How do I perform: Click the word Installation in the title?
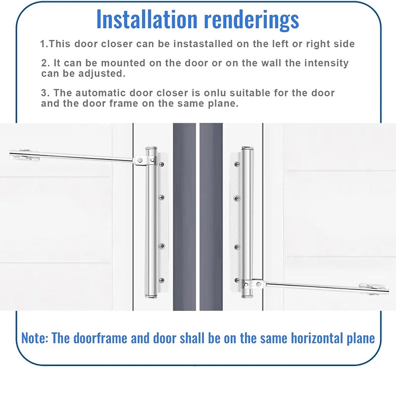(147, 19)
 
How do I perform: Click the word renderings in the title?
(251, 20)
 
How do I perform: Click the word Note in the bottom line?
(35, 338)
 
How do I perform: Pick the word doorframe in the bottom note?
(100, 338)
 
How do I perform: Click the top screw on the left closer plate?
(162, 164)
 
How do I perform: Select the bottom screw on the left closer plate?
(162, 280)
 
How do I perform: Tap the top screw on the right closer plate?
(237, 164)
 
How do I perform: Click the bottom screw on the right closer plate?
(237, 280)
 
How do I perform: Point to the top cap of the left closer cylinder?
(151, 148)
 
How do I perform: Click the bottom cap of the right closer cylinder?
(247, 295)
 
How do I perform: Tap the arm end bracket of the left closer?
(24, 155)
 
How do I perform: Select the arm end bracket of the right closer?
(374, 289)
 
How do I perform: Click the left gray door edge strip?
(184, 217)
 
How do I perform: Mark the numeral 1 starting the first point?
(43, 44)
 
